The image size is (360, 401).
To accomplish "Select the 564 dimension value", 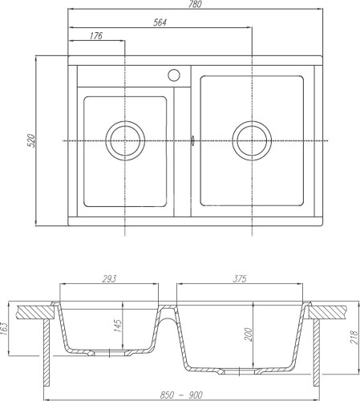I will pyautogui.click(x=160, y=22).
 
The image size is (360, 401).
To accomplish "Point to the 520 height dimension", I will pyautogui.click(x=31, y=142).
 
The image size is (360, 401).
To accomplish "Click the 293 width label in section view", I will pyautogui.click(x=110, y=278).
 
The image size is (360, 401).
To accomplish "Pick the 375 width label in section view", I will pyautogui.click(x=241, y=278).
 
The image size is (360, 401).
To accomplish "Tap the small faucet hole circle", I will pyautogui.click(x=172, y=76).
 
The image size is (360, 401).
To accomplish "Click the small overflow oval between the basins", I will pyautogui.click(x=192, y=140).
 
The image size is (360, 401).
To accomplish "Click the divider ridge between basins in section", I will pyautogui.click(x=167, y=310).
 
